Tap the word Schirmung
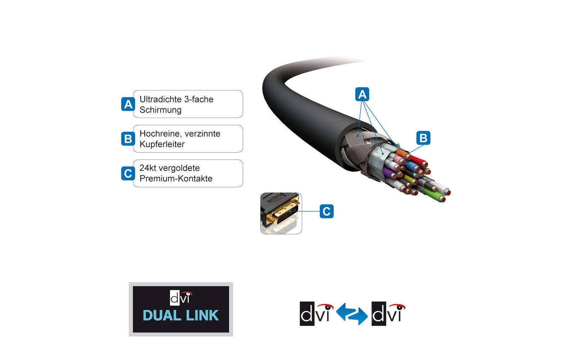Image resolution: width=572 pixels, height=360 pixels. point(160,110)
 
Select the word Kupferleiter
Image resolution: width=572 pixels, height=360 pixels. point(162,144)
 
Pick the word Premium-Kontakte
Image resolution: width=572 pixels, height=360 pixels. point(176,179)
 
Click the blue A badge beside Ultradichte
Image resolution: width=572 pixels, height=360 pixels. point(128,104)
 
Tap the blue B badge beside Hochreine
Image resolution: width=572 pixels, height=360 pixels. point(128,139)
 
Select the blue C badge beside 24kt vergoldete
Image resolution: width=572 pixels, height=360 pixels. point(128,174)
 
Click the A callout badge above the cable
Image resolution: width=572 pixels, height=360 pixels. point(362,94)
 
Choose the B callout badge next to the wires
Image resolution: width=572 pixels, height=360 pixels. point(423,138)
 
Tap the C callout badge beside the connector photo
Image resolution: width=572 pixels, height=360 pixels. point(326,211)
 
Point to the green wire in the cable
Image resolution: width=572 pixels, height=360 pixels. point(434,194)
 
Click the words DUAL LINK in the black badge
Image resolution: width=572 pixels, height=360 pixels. point(180,316)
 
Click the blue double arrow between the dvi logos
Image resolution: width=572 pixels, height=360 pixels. point(352,314)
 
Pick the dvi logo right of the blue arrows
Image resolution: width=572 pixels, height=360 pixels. point(388,314)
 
